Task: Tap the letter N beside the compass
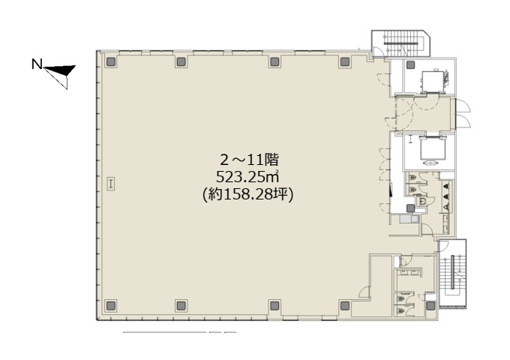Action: coord(37,64)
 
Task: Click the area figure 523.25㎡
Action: coord(247,177)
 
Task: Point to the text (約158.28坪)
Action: coord(247,195)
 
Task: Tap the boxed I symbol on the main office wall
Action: coord(111,184)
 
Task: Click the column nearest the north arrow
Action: coord(111,61)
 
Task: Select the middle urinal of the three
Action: coord(446,196)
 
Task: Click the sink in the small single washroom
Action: coord(422,201)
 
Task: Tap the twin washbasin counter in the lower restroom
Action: coord(409,272)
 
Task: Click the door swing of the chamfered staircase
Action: coord(377,51)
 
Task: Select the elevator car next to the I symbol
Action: coord(432,148)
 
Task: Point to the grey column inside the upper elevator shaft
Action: coord(410,64)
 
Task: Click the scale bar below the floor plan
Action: coord(179,332)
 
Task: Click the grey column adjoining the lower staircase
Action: coord(430,305)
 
